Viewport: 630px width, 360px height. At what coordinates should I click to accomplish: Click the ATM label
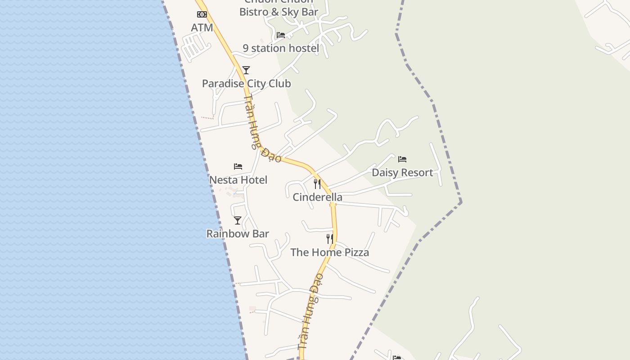click(202, 28)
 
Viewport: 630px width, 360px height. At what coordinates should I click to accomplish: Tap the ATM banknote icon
click(202, 14)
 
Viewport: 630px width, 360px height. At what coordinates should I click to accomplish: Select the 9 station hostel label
click(281, 48)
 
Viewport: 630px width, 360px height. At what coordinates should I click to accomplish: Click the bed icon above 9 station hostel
click(281, 35)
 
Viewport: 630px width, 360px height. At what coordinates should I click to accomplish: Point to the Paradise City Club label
click(246, 84)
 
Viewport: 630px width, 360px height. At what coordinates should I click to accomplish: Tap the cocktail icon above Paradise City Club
click(246, 70)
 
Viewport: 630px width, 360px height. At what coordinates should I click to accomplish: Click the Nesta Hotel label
click(238, 180)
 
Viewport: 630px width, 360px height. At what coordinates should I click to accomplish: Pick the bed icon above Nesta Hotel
click(238, 166)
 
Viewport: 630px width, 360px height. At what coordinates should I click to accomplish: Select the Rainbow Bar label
click(238, 234)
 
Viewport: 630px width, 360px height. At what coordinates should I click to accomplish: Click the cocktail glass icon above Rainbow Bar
click(238, 220)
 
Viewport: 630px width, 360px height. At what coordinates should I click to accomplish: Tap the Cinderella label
click(317, 197)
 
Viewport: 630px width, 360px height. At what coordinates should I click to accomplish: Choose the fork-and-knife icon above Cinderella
click(317, 184)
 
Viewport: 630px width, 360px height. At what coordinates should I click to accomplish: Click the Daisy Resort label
click(402, 173)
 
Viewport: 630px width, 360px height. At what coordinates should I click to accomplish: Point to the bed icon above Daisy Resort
click(402, 159)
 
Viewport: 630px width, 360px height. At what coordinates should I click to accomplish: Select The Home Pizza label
click(329, 252)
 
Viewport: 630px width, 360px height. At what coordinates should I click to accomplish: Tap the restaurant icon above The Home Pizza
click(330, 239)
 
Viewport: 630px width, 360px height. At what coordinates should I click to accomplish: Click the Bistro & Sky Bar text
click(279, 12)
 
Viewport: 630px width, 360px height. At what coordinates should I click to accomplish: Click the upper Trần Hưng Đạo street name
click(262, 129)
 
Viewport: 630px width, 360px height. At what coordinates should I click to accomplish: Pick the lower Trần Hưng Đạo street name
click(311, 311)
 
